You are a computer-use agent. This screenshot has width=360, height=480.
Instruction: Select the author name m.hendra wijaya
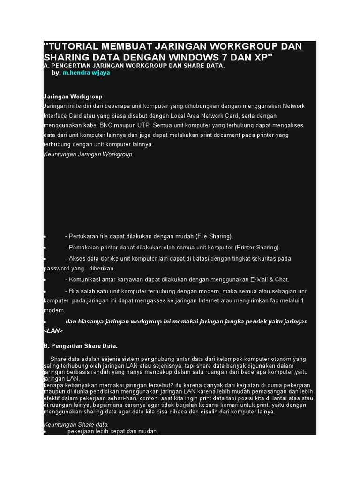click(86, 73)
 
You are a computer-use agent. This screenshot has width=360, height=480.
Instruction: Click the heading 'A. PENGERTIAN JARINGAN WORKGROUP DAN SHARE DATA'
click(134, 66)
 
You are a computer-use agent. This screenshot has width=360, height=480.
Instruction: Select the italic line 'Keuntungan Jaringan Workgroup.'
click(89, 154)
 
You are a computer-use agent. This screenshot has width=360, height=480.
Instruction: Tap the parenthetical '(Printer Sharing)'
click(257, 247)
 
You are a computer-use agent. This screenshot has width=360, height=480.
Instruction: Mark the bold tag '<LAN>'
click(53, 330)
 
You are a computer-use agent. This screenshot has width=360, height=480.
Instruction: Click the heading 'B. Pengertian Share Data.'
click(80, 346)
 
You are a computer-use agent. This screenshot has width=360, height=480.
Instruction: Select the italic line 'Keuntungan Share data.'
click(76, 424)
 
